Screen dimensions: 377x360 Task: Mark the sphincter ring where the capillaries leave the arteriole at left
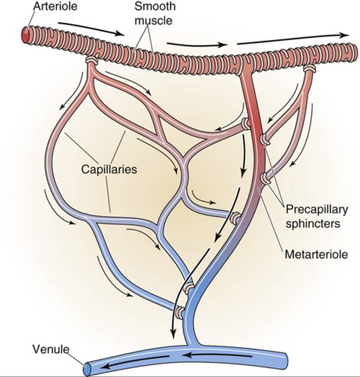91,60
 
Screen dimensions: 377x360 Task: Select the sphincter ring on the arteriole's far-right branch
310,68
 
